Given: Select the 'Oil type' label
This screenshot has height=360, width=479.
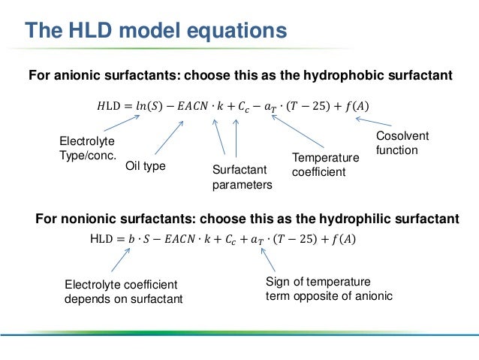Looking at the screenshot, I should (145, 165).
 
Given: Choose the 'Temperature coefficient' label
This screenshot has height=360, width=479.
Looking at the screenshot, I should (325, 165).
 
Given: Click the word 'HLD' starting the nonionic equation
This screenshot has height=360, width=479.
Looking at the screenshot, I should (101, 240).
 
